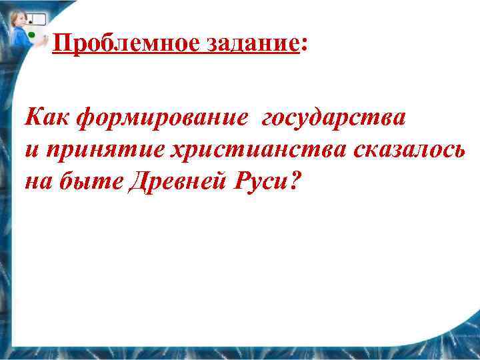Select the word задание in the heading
pos(256,44)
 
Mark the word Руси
pos(259,180)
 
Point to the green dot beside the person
pos(31,33)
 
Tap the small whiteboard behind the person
pos(37,19)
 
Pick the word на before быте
pos(39,181)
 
